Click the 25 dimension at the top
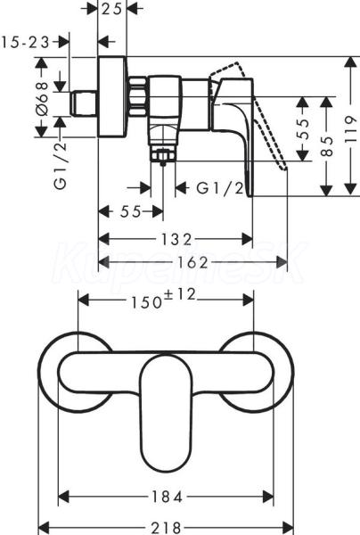(111, 9)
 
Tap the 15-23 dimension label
(25, 43)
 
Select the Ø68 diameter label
(44, 98)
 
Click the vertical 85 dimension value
(327, 146)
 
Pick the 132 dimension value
(176, 240)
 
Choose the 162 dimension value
(192, 262)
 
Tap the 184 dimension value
(166, 497)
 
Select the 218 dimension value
(166, 528)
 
